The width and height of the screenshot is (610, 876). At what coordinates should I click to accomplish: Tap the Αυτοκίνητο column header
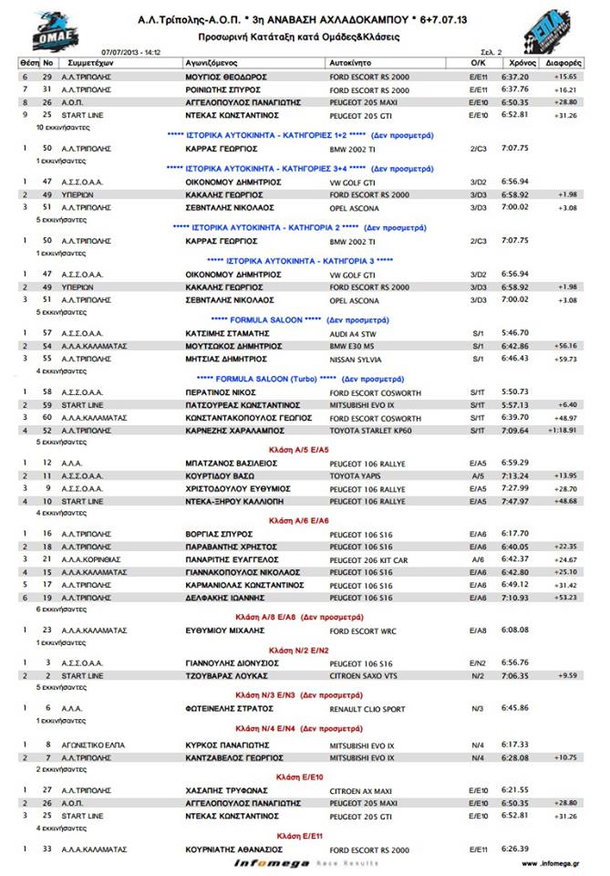351,64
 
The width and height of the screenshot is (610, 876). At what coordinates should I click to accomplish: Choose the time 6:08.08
515,630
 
